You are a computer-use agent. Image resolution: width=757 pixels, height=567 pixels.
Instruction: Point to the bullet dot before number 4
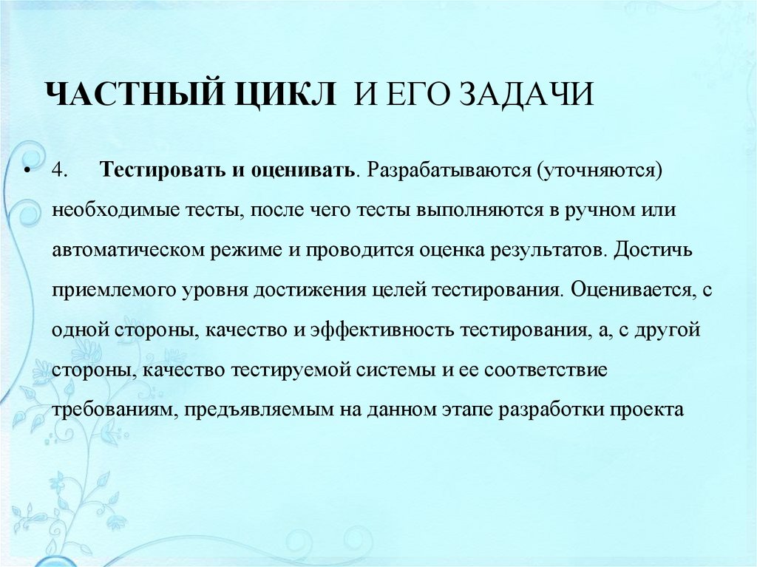point(27,171)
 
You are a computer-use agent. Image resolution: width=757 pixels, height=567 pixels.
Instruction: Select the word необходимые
point(111,209)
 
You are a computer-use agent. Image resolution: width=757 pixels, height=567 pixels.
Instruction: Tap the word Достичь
point(652,249)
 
